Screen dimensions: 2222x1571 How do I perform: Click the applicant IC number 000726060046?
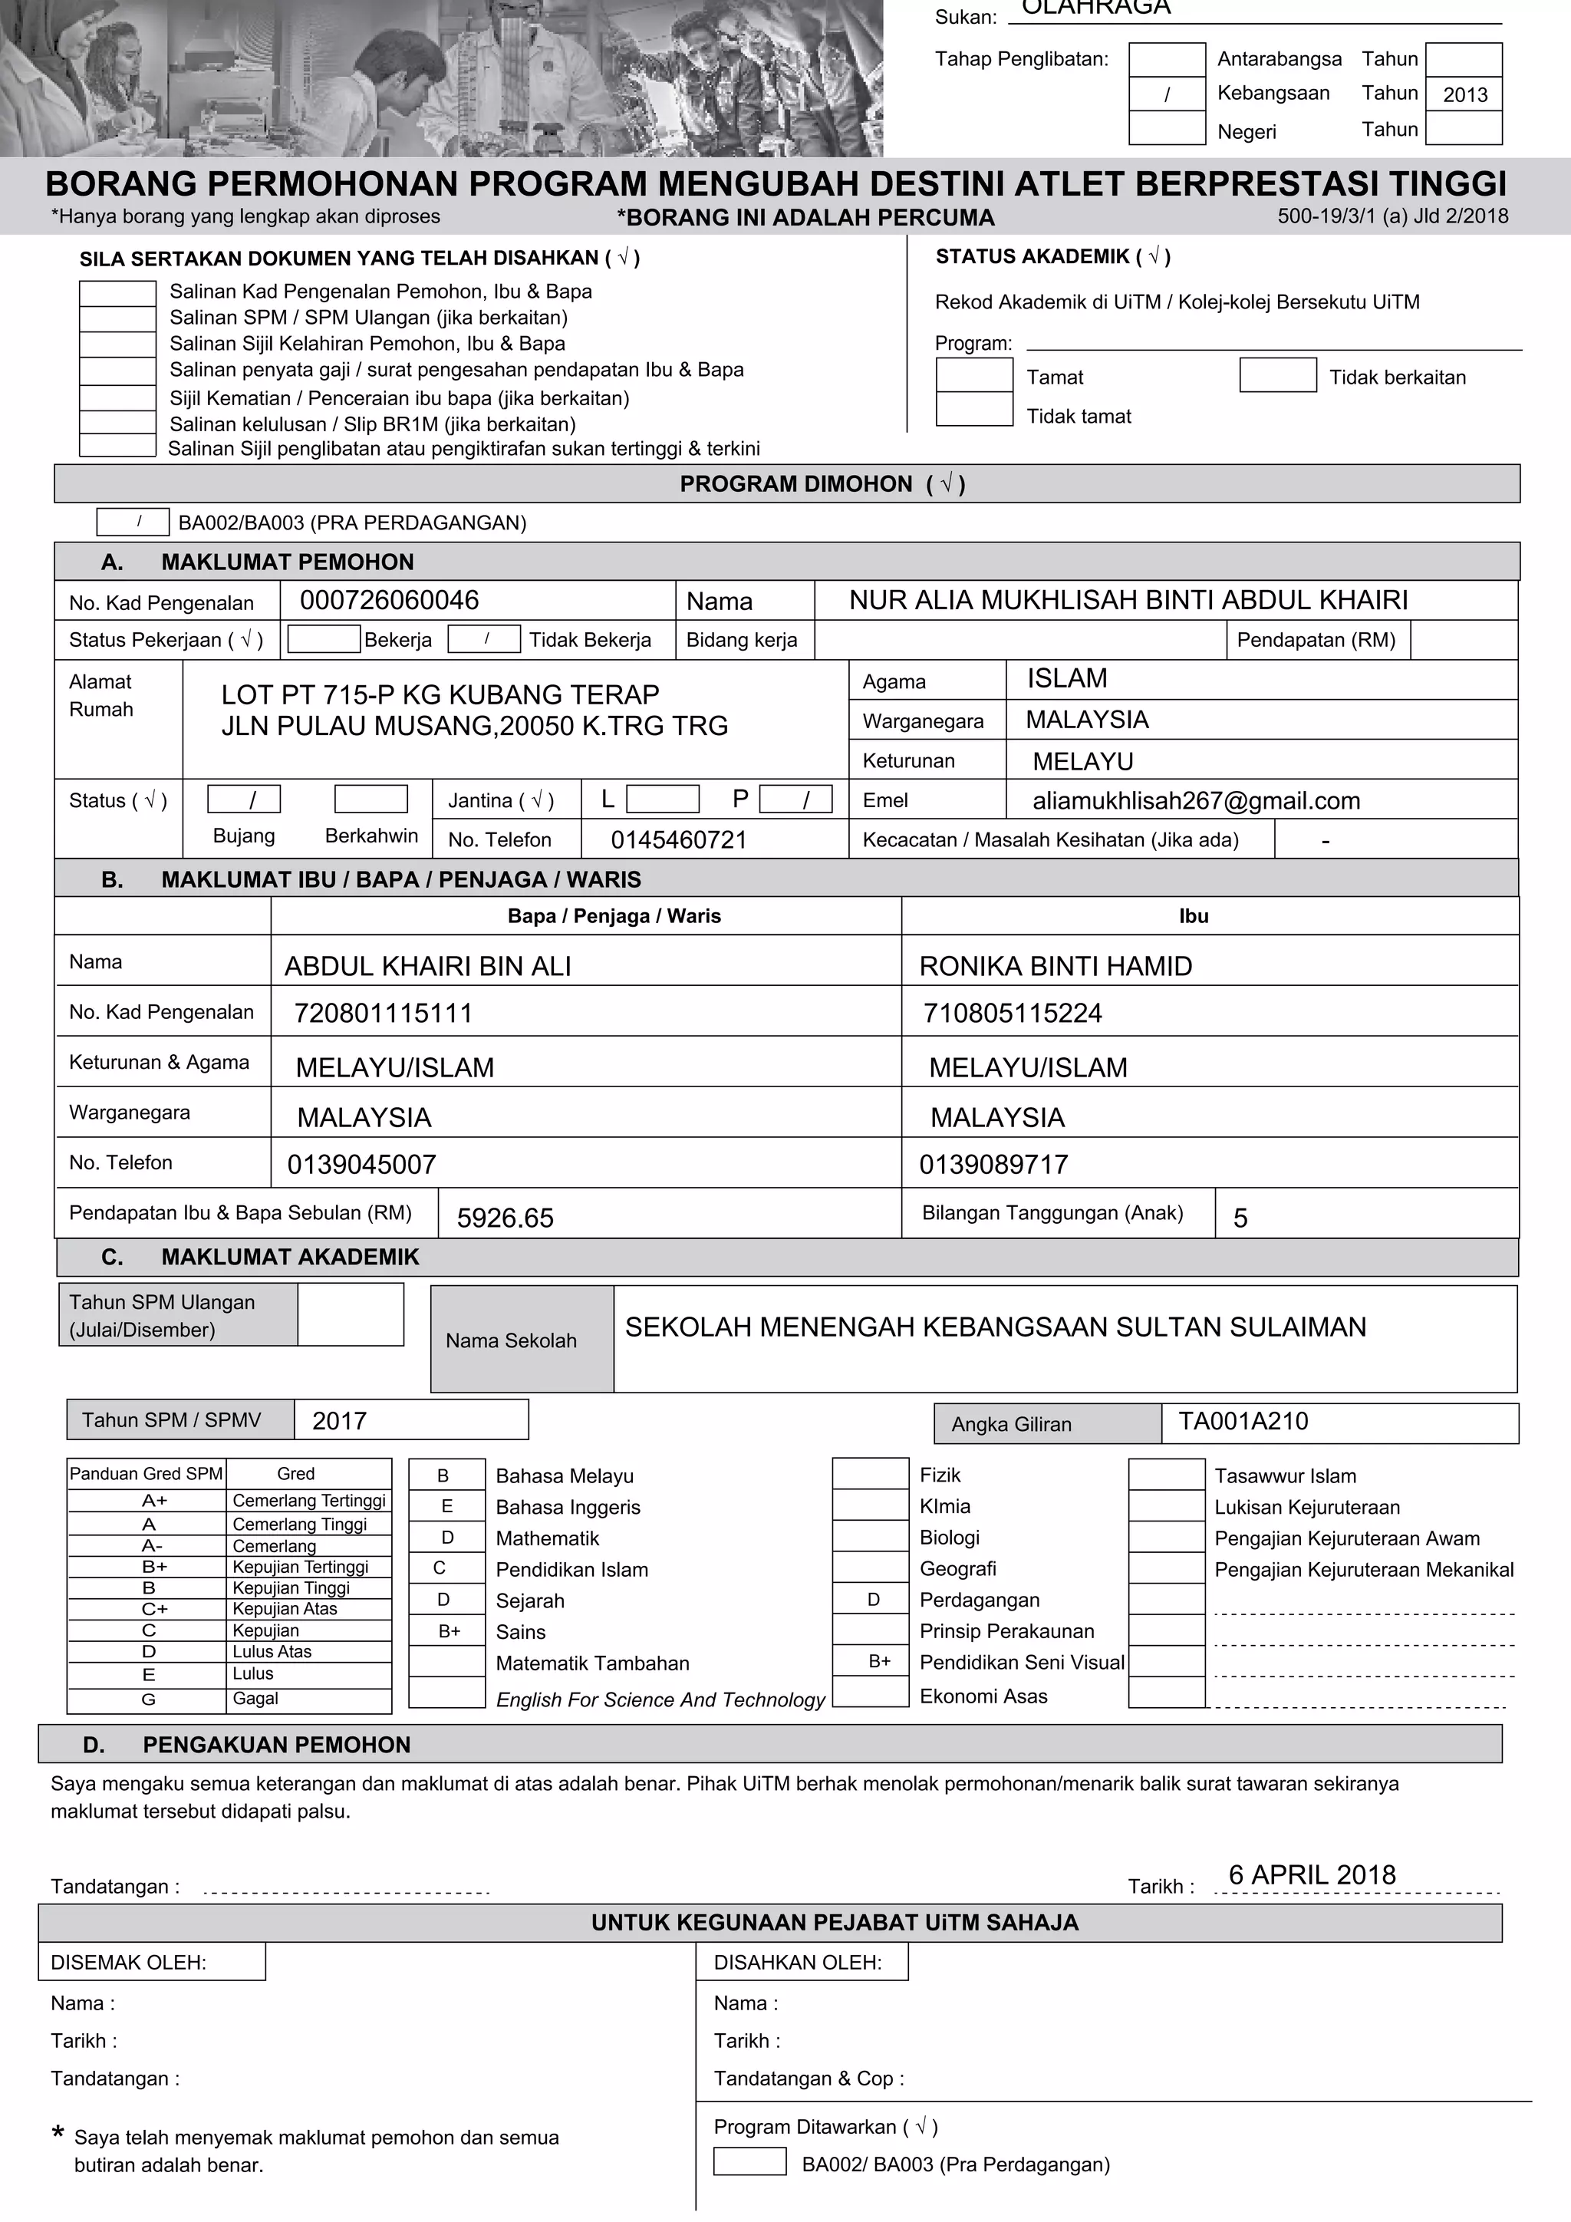click(389, 600)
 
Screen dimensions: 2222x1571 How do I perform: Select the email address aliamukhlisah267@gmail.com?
click(1196, 800)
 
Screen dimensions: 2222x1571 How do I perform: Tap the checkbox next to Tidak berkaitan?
click(1277, 375)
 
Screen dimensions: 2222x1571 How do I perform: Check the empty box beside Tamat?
click(973, 375)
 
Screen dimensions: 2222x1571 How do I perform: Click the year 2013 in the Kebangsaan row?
click(1464, 94)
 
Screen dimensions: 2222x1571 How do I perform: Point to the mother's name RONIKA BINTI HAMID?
click(1055, 966)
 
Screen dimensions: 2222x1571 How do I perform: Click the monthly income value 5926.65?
click(505, 1218)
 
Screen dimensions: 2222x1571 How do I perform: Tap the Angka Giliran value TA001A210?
click(1242, 1421)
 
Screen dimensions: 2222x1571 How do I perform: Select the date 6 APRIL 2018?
click(1312, 1874)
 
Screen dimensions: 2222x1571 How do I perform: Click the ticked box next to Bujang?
click(244, 799)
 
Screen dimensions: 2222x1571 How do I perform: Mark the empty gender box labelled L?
click(663, 799)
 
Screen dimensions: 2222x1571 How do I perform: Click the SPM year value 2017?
click(340, 1421)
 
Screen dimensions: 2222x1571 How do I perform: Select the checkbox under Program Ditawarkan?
click(749, 2162)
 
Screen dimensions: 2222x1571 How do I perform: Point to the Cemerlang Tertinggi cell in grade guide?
click(308, 1501)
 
